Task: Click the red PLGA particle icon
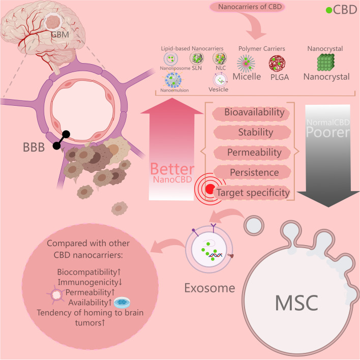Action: coord(279,62)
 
